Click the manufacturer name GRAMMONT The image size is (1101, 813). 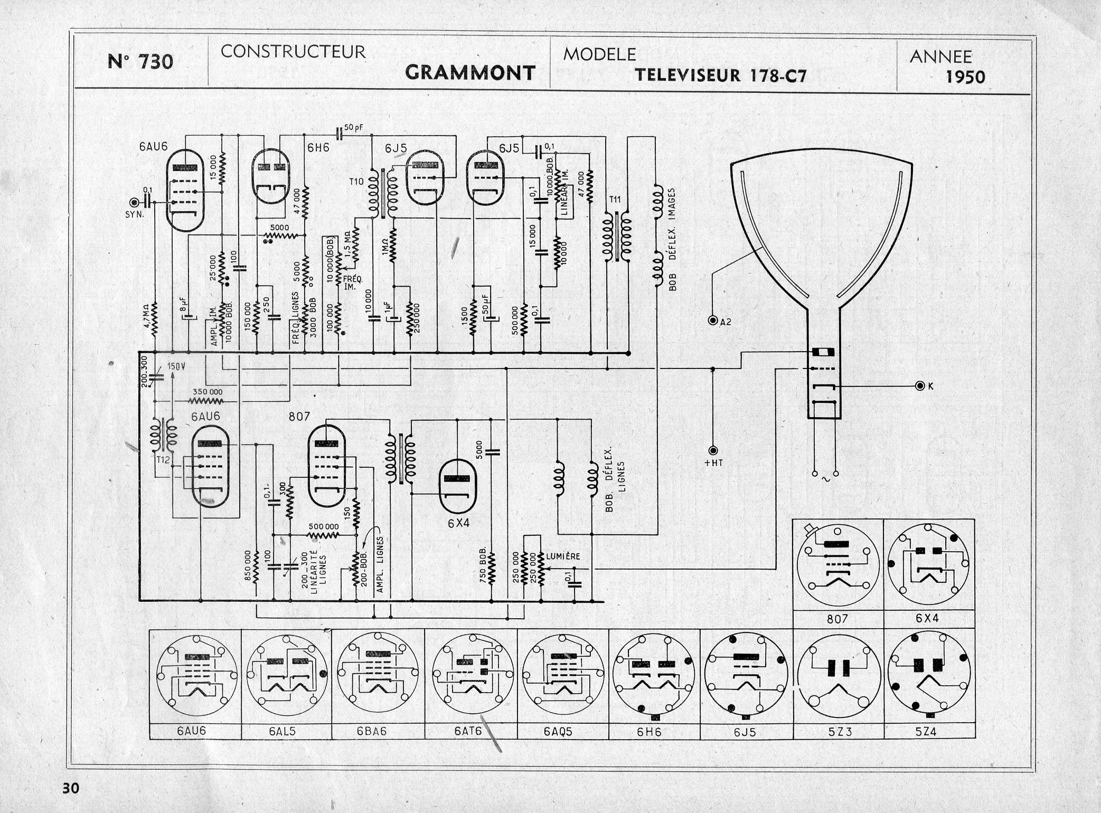pos(470,73)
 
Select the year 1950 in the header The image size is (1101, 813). pos(965,78)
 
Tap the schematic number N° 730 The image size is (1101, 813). pos(140,62)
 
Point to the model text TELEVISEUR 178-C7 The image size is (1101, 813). pos(721,75)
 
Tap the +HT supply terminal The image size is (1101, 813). pos(713,451)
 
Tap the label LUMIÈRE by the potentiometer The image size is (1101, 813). pos(563,556)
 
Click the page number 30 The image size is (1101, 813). pos(71,788)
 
